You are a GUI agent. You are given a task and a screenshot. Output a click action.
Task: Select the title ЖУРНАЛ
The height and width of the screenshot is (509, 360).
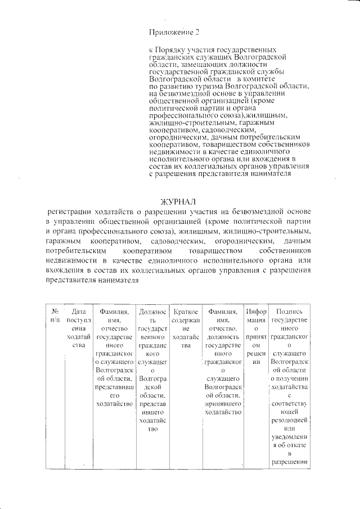coord(179,202)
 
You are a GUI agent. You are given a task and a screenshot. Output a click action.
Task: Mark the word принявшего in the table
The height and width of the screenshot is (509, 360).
coord(224,403)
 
